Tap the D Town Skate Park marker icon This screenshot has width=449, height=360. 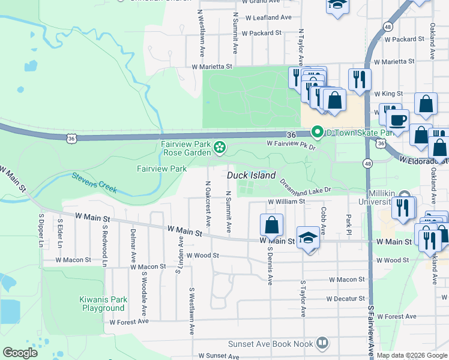(x=316, y=132)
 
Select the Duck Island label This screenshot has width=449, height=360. (x=252, y=176)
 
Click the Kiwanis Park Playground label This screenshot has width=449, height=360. (x=103, y=304)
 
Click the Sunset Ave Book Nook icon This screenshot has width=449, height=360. (x=322, y=344)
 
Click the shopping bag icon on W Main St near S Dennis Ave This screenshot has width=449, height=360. (x=271, y=225)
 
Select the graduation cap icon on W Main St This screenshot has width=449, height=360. (x=308, y=238)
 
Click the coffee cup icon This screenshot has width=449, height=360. (x=397, y=119)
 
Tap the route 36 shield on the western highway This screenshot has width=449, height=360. (x=71, y=139)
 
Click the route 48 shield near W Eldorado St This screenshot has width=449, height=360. (x=367, y=163)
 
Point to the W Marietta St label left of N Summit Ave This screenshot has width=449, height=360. (x=211, y=67)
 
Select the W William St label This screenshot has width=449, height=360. (x=286, y=202)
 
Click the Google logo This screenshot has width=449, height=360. (x=20, y=353)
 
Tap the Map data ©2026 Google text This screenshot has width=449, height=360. (x=411, y=355)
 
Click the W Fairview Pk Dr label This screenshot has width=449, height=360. (x=291, y=145)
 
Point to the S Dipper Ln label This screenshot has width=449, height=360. (x=41, y=231)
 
